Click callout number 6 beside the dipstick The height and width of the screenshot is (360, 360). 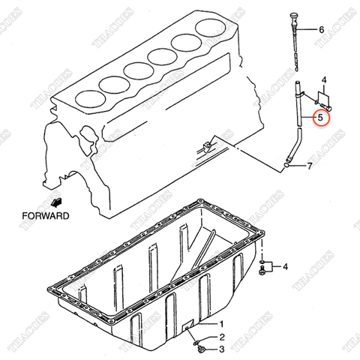tap(321, 31)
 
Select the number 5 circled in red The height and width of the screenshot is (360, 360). tap(321, 117)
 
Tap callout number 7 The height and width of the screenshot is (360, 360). tap(309, 165)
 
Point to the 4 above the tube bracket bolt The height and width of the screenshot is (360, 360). tap(324, 79)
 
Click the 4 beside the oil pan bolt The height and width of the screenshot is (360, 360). tap(286, 265)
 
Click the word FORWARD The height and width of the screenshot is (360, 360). tap(46, 215)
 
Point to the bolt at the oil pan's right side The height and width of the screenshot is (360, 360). tap(263, 266)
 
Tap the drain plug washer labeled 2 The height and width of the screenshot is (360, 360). tap(196, 338)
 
